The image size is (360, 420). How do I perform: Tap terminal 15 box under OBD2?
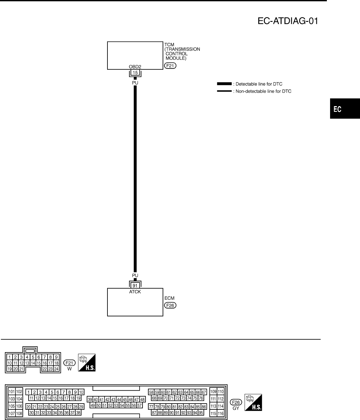(x=135, y=73)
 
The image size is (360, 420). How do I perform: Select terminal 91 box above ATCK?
(x=135, y=285)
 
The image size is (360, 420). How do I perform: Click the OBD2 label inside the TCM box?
(x=135, y=67)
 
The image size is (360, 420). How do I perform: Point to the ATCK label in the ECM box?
(x=135, y=292)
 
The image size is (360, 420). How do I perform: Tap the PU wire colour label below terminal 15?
(x=135, y=82)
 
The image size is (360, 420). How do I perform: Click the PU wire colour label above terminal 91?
(x=135, y=276)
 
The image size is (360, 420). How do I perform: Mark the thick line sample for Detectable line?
(x=224, y=84)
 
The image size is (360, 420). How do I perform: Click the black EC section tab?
(x=345, y=109)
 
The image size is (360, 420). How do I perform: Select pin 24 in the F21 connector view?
(x=56, y=369)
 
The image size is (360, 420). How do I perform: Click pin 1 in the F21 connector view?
(x=10, y=357)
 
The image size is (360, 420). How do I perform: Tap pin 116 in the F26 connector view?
(x=220, y=414)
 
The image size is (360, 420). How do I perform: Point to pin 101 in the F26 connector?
(x=12, y=392)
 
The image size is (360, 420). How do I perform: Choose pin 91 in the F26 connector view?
(x=177, y=413)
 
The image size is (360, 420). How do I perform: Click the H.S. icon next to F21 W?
(x=87, y=363)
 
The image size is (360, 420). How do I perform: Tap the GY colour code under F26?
(x=236, y=408)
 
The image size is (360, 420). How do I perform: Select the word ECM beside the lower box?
(x=169, y=298)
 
